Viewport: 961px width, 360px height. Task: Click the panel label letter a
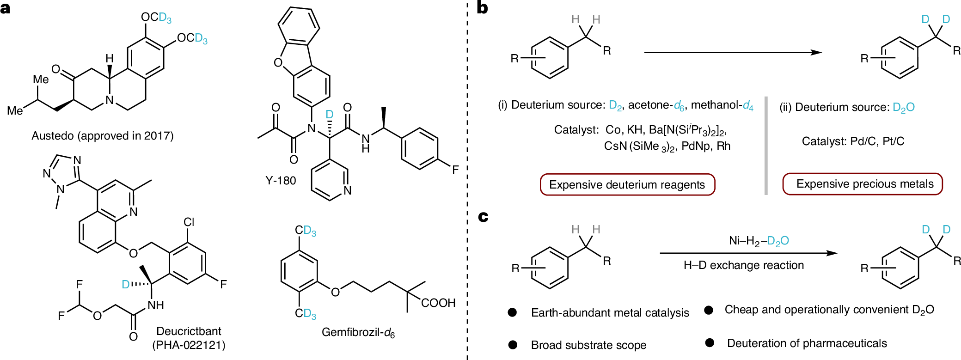pos(6,8)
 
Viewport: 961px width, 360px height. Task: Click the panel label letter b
pos(482,8)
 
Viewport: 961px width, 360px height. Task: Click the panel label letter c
pos(483,216)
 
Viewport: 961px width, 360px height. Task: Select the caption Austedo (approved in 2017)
pos(103,136)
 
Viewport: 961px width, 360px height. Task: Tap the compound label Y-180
pos(281,181)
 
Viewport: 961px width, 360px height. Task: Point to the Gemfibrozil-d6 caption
pos(358,332)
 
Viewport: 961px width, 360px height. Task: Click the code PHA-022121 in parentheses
pos(189,345)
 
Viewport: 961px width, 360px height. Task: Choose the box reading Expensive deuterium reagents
pos(627,185)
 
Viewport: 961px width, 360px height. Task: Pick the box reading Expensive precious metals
pos(863,184)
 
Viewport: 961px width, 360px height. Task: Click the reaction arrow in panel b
pos(733,53)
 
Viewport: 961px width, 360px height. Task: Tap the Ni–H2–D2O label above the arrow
pos(759,241)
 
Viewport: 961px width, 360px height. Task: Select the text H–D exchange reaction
pos(744,265)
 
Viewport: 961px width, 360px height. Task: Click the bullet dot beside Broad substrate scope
pos(513,345)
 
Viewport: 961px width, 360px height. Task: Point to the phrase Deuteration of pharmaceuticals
pos(807,343)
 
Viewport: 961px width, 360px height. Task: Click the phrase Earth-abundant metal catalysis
pos(610,313)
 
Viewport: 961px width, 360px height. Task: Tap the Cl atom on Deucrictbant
pos(189,222)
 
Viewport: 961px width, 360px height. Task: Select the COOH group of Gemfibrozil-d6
pos(438,303)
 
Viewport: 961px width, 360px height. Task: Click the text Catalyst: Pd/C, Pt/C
pos(853,141)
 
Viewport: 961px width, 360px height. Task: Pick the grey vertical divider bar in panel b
pos(766,146)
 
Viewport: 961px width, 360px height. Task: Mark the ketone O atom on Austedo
pos(56,69)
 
